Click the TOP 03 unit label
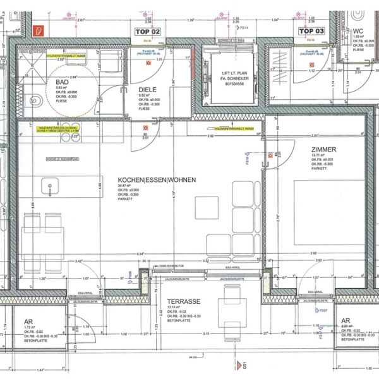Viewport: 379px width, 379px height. click(311, 31)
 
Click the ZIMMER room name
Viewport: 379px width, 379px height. click(323, 150)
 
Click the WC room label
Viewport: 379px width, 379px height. click(358, 30)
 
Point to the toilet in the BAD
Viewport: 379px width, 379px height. click(36, 99)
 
